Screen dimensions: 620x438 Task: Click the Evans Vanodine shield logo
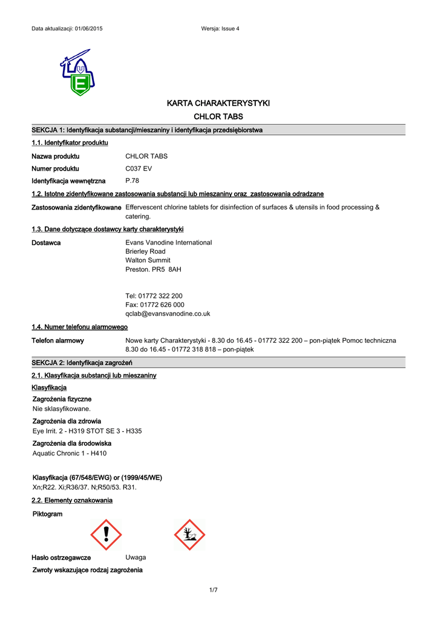[x=77, y=73]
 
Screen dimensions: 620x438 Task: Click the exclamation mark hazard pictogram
[x=106, y=534]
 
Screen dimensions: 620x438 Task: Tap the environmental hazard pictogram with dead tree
[x=189, y=534]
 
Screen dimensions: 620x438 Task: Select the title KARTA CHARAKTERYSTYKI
[x=218, y=104]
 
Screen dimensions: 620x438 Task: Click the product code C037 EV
[x=138, y=169]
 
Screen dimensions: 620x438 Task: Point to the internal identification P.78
[x=132, y=181]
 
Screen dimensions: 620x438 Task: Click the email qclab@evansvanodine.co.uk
[x=168, y=314]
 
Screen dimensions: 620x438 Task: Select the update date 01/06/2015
[x=88, y=29]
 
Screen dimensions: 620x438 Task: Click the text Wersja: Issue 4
[x=220, y=29]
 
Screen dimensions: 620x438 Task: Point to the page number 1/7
[x=213, y=590]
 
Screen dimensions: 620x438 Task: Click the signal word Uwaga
[x=136, y=557]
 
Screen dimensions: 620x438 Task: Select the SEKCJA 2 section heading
[x=82, y=363]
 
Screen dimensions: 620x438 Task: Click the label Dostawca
[x=46, y=242]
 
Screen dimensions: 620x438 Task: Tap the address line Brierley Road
[x=145, y=251]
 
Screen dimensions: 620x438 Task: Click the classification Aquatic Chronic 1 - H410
[x=70, y=453]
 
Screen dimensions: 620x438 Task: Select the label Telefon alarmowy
[x=57, y=341]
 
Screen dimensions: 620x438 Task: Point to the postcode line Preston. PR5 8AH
[x=153, y=269]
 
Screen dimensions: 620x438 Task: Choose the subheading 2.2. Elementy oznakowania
[x=72, y=501]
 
